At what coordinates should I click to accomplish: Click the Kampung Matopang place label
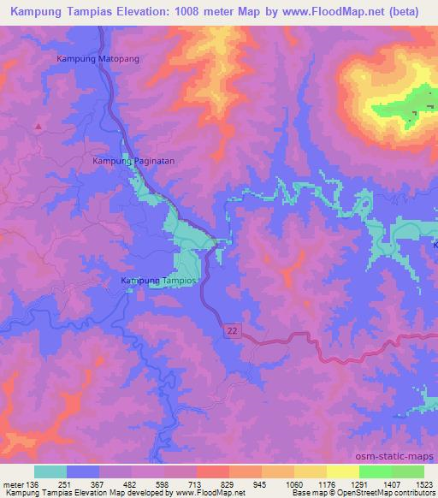[97, 58]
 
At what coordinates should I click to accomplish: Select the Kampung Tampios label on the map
[159, 281]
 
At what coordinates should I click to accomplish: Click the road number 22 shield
[232, 329]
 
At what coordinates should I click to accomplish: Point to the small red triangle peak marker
[38, 126]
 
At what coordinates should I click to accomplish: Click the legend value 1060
[294, 483]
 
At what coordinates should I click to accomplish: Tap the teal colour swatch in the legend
[50, 471]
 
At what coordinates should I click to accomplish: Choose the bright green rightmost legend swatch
[408, 471]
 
